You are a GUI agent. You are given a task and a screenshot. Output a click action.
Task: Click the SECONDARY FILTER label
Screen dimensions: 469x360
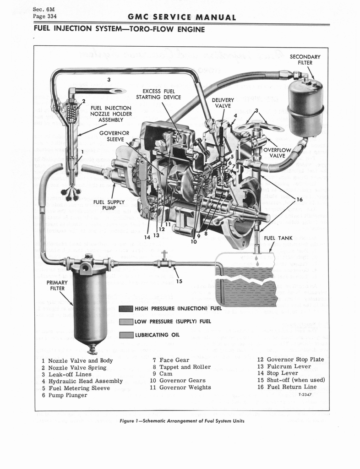pos(305,60)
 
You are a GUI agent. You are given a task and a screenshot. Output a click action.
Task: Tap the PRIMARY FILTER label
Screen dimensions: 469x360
pos(58,285)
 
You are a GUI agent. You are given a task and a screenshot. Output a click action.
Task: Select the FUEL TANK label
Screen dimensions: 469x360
pos(278,238)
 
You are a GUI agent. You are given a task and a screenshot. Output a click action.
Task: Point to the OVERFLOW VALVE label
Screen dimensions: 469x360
pos(278,153)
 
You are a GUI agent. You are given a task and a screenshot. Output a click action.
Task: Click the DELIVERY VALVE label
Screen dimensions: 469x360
pos(223,103)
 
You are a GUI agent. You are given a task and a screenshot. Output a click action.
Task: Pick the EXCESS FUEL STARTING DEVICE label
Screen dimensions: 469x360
pos(158,94)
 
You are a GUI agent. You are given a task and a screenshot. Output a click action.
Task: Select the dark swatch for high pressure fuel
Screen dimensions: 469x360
pos(126,308)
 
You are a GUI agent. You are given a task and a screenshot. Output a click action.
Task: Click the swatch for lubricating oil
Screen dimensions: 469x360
pos(126,335)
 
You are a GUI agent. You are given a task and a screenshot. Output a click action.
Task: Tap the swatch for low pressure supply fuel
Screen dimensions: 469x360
pos(126,322)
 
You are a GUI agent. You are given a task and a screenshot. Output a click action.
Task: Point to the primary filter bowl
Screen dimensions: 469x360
pos(90,307)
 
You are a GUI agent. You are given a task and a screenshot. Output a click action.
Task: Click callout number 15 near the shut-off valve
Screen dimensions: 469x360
pos(179,281)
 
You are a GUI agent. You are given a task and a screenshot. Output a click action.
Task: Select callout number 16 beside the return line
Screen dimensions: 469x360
pos(300,199)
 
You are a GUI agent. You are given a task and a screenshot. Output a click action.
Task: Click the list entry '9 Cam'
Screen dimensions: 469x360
pos(161,374)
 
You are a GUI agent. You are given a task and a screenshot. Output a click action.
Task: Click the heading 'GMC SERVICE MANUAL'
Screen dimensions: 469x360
pos(182,18)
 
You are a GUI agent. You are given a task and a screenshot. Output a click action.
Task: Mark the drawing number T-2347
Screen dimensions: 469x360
pos(305,394)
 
